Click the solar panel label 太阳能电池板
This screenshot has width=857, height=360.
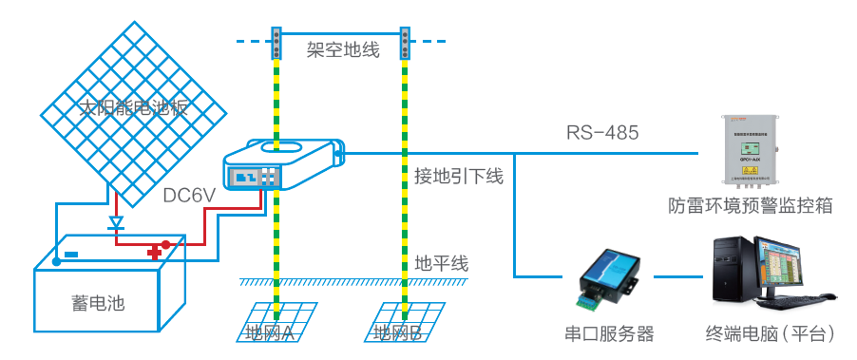[133, 106]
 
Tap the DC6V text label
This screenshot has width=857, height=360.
[190, 196]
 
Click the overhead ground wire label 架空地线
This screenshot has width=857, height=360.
[343, 49]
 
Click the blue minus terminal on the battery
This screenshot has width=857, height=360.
[71, 254]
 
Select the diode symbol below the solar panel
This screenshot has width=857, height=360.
[116, 225]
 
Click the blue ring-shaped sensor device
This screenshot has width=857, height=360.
[281, 164]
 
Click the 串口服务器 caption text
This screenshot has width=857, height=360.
[609, 333]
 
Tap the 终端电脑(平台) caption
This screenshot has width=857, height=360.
[771, 333]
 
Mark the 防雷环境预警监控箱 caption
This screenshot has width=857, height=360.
[750, 205]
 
